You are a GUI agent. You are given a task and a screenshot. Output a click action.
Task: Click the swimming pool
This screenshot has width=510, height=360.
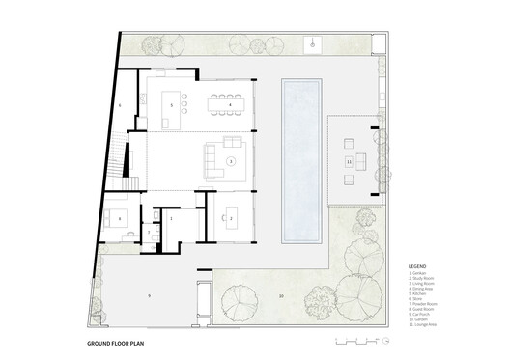click(301, 160)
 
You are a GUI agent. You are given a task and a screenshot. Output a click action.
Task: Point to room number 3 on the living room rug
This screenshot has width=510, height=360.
click(231, 161)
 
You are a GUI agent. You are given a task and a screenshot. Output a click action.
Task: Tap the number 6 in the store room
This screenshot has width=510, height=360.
click(121, 102)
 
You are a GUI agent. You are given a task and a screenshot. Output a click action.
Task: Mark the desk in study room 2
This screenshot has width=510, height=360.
click(232, 219)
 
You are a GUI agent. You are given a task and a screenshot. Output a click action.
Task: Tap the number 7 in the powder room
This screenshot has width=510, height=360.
click(152, 229)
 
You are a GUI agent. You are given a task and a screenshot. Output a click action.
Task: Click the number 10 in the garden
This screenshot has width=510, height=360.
click(281, 295)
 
